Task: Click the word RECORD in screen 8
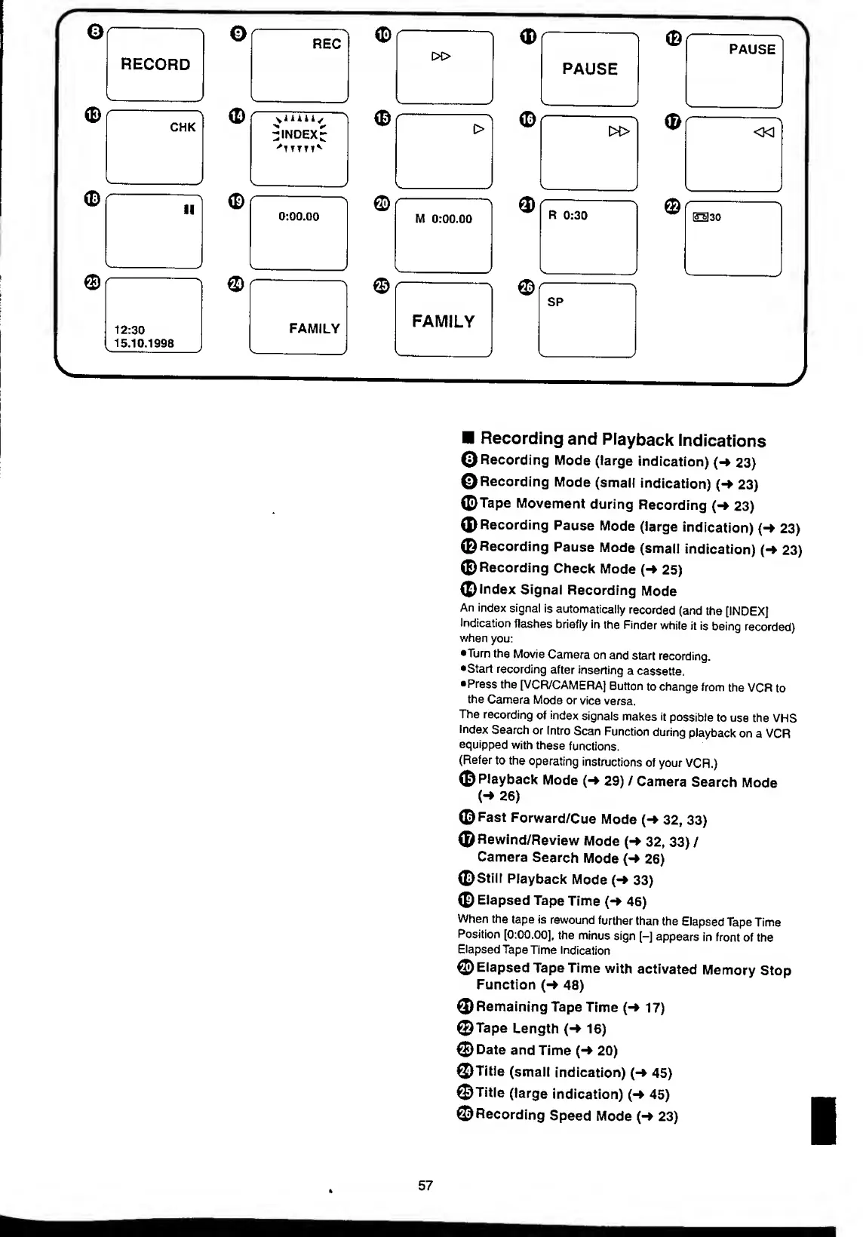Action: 155,65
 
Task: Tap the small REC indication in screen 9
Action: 327,45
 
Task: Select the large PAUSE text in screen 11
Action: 590,69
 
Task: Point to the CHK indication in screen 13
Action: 183,127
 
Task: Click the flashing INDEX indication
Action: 299,135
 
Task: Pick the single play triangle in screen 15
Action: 477,129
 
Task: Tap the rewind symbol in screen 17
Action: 764,132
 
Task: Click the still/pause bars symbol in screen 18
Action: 189,209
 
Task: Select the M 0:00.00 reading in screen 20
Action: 444,219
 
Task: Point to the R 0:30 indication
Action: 567,216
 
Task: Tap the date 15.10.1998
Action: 144,343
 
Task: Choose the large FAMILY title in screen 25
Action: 444,322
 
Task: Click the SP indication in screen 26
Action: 555,302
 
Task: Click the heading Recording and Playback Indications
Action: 622,440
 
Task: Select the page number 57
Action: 425,1186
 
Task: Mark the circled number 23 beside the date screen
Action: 92,282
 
